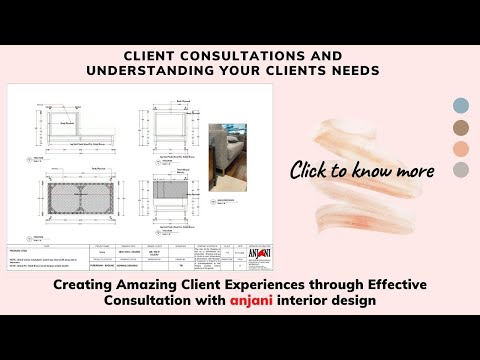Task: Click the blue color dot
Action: [x=461, y=106]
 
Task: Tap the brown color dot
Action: [x=461, y=127]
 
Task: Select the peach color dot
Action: [x=461, y=148]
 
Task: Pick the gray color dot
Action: [x=461, y=170]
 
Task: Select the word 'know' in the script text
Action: [x=370, y=170]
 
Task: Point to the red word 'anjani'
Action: [x=261, y=301]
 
